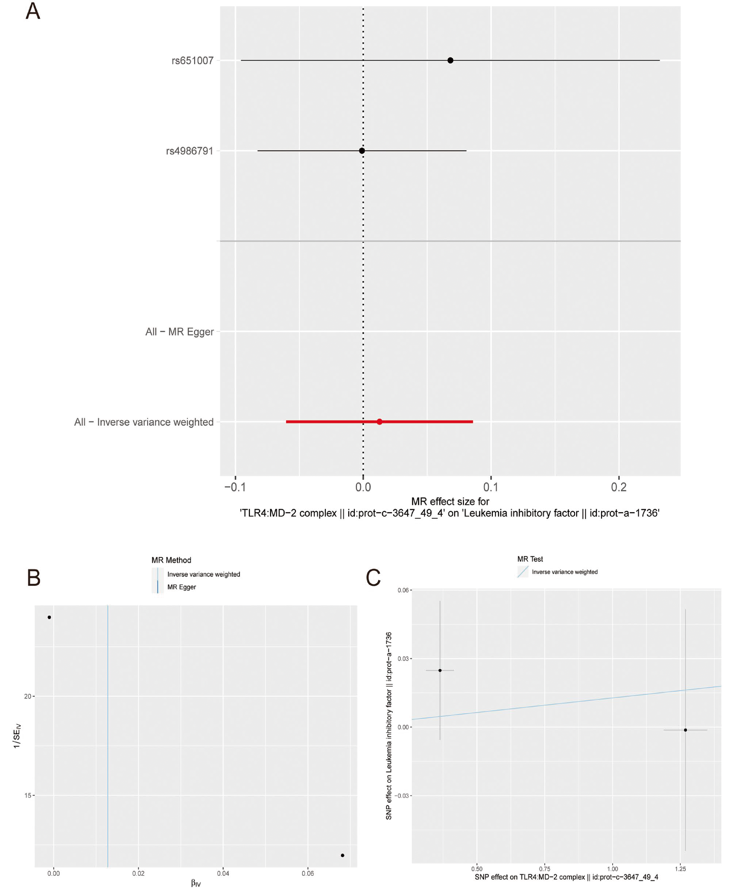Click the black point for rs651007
450,60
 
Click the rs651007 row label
192,60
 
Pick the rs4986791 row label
189,151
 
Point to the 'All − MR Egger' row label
179,331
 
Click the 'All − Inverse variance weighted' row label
144,422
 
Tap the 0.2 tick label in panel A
619,487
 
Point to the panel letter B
34,578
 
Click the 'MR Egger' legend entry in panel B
181,587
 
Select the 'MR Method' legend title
171,560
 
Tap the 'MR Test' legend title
530,559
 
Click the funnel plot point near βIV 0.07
342,855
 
